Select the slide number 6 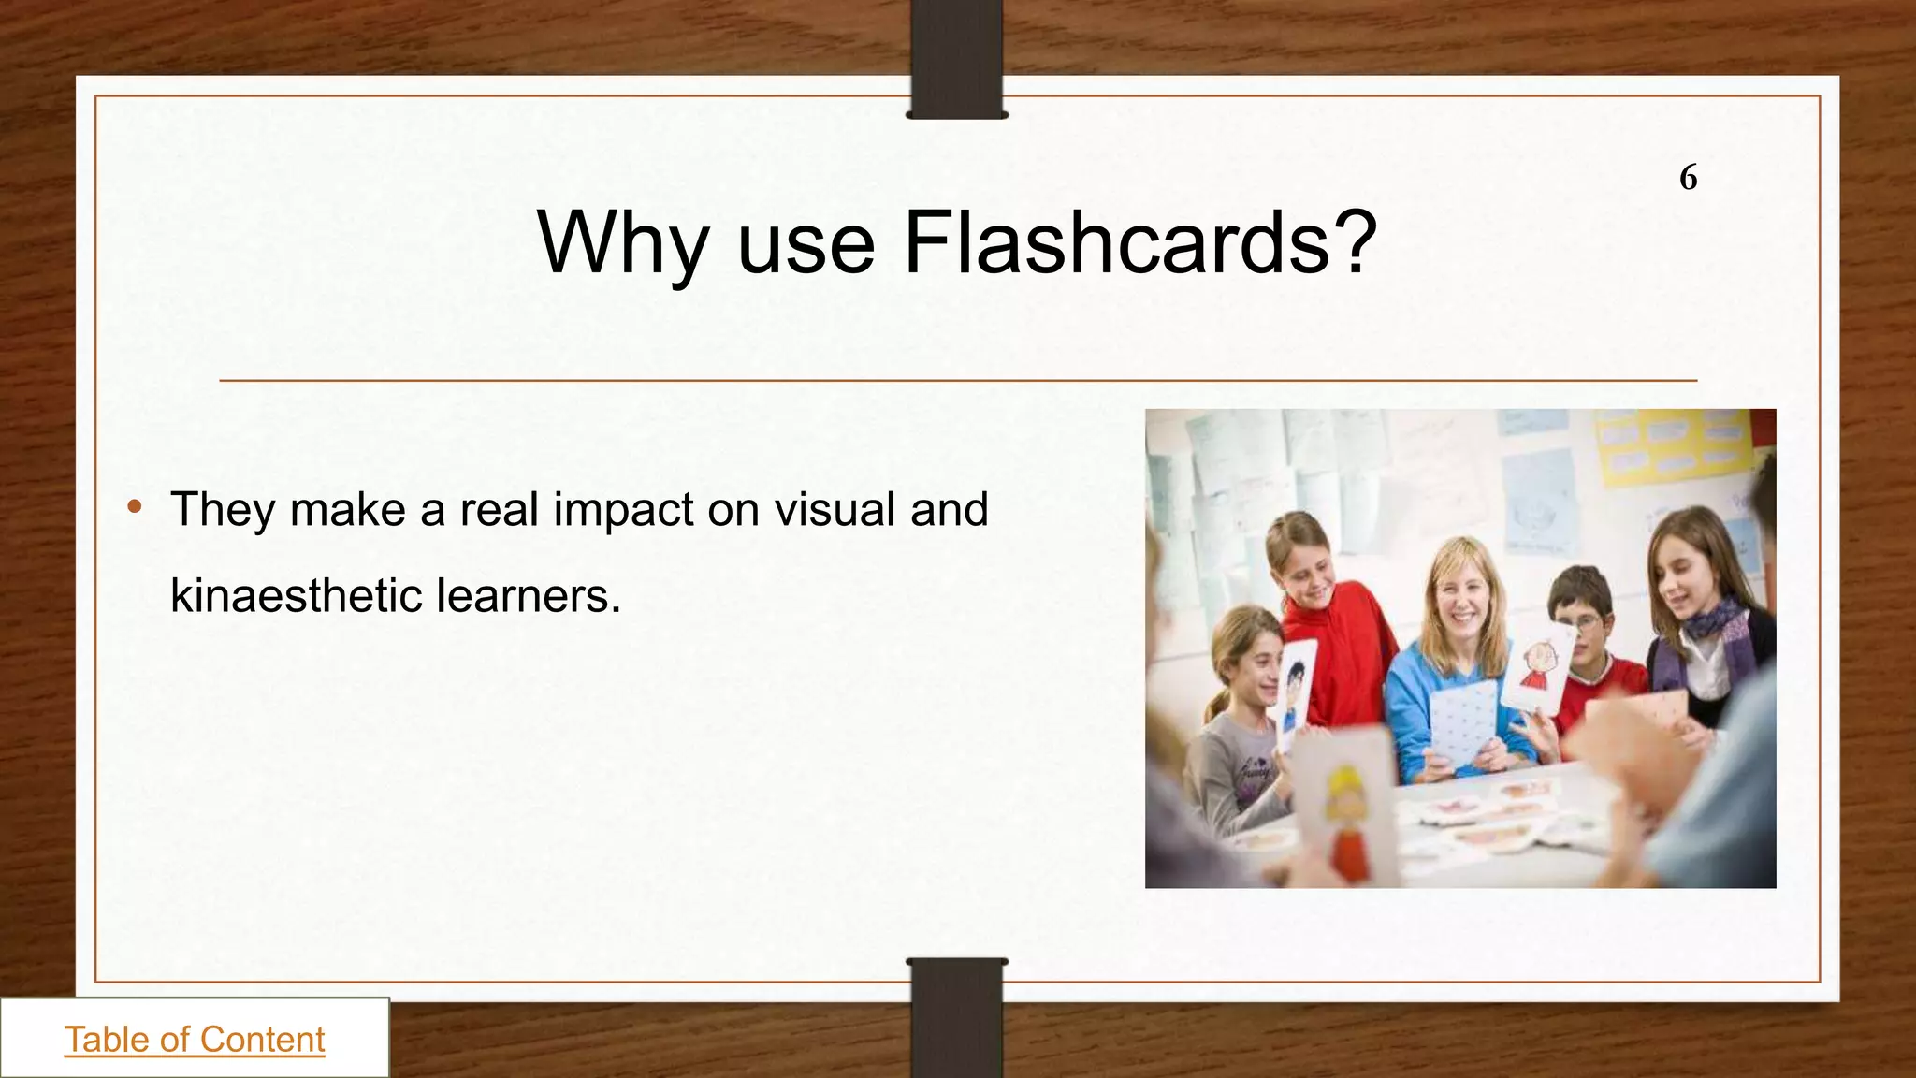(1688, 177)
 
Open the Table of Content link (195, 1040)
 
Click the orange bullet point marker (136, 507)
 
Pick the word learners (529, 595)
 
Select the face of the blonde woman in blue (1462, 599)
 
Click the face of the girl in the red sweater (1303, 568)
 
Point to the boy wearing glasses (1583, 618)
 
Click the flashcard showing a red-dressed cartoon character (1537, 666)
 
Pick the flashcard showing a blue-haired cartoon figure (1297, 688)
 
